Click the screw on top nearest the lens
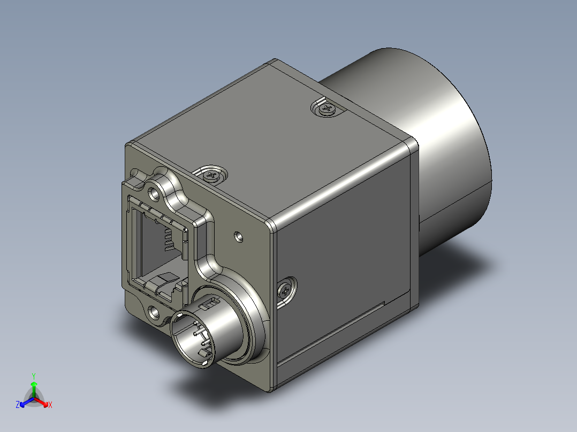pyautogui.click(x=327, y=109)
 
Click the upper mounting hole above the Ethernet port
pyautogui.click(x=154, y=194)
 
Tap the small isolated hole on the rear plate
pyautogui.click(x=239, y=236)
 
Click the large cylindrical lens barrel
pyautogui.click(x=423, y=147)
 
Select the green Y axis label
pyautogui.click(x=34, y=376)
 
